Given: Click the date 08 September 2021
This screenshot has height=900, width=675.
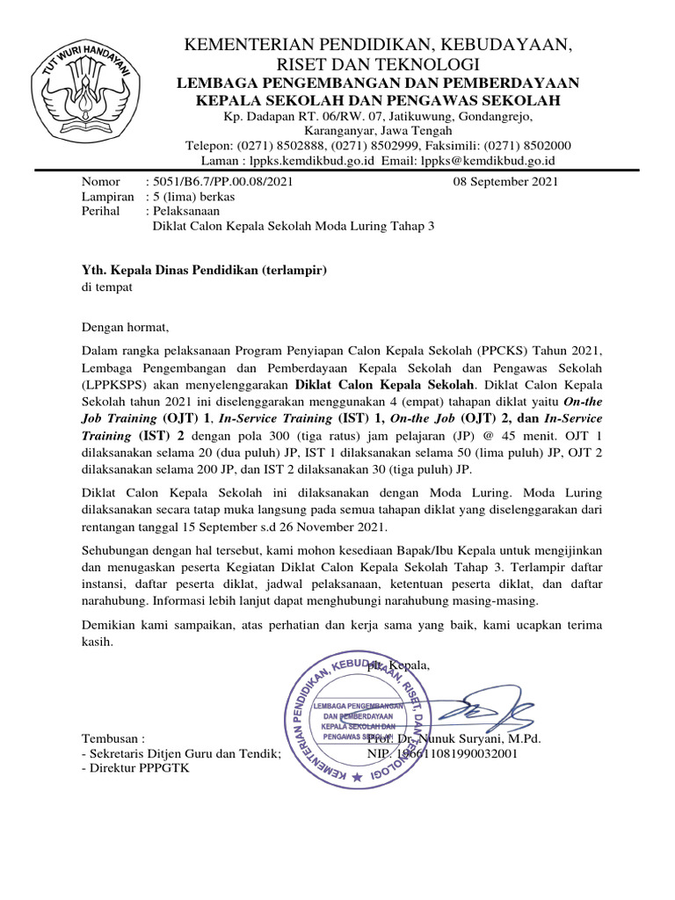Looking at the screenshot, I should pos(504,183).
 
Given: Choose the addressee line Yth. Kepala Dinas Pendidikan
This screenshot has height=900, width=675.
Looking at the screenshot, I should pos(204,271).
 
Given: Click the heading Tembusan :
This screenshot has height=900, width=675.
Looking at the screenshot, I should pos(112,738).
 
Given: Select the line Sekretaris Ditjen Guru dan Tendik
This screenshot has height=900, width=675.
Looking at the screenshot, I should pos(181,753).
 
